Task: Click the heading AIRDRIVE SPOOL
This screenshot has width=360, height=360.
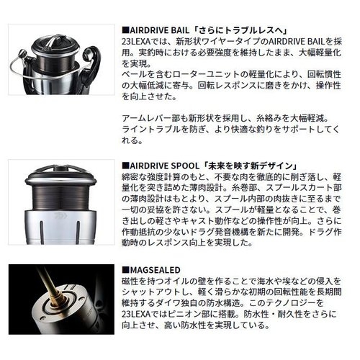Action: click(163, 163)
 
